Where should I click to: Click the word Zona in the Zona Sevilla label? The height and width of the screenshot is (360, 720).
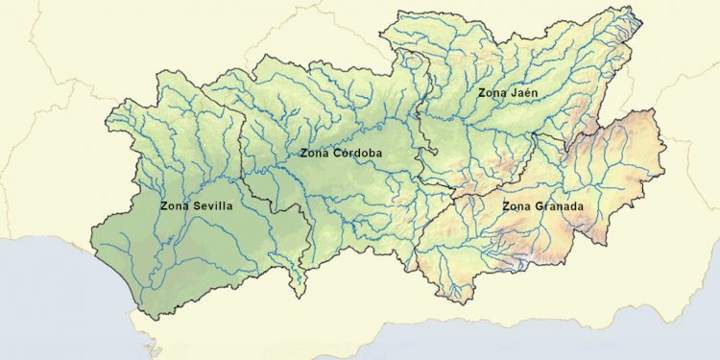click(x=174, y=204)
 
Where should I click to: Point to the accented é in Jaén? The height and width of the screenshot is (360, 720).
click(x=528, y=92)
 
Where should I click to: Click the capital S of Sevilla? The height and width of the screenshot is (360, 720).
click(x=193, y=204)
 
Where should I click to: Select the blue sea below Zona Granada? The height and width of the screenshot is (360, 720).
click(x=576, y=331)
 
